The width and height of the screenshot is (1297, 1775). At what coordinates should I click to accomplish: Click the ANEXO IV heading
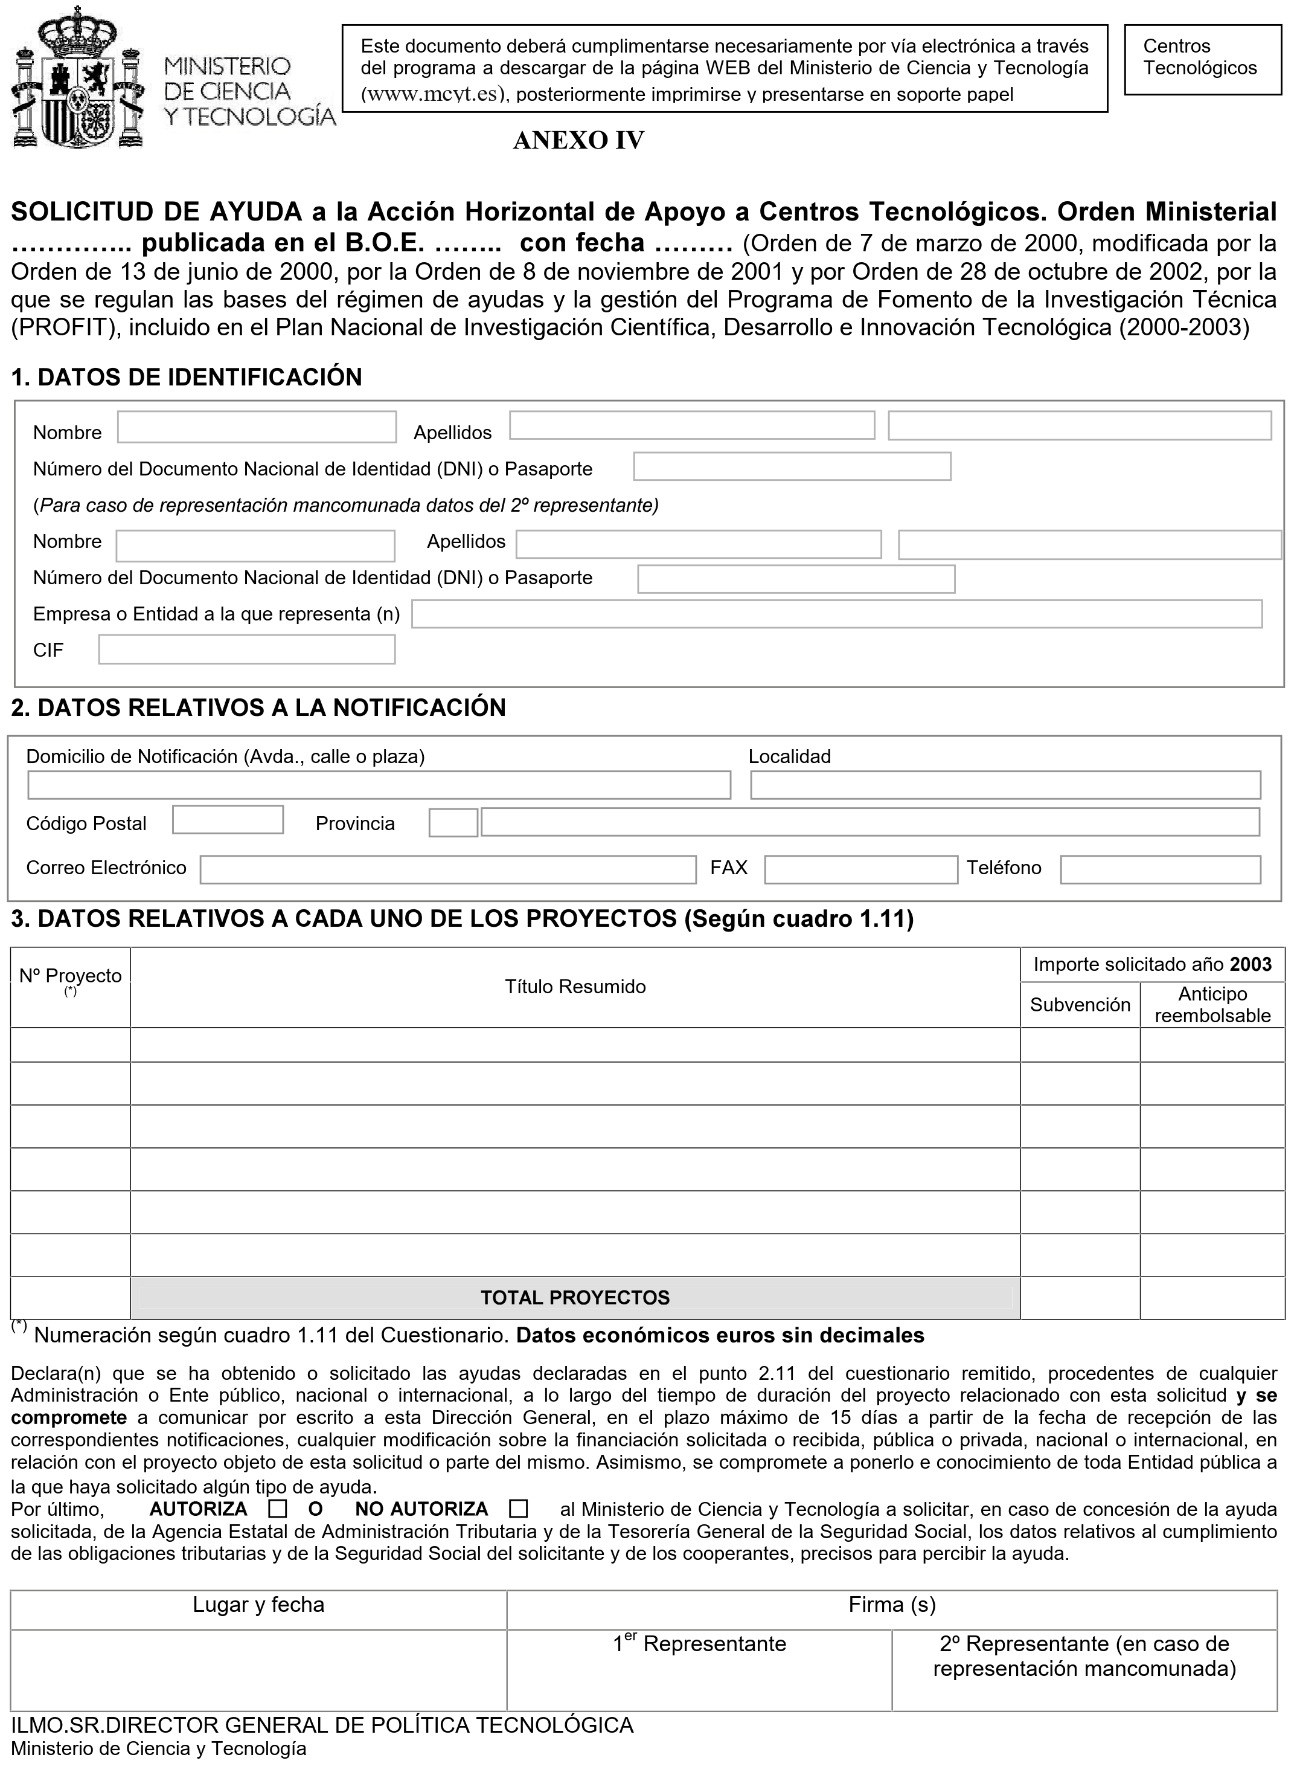[578, 141]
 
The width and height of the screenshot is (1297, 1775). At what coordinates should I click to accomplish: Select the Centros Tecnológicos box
[1202, 60]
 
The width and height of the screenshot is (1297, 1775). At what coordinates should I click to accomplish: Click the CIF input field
[246, 649]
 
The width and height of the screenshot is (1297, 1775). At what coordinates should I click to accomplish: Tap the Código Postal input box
[228, 820]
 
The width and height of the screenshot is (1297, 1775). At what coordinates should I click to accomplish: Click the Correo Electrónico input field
[447, 869]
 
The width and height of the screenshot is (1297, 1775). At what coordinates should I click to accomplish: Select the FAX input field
[860, 869]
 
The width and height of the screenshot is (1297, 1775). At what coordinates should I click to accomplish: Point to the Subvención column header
[1080, 1005]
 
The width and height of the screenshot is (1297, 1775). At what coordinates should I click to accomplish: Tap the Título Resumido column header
[575, 987]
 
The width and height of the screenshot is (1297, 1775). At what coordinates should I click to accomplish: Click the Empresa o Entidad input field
[836, 614]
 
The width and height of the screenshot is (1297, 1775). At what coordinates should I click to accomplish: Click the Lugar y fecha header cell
[258, 1605]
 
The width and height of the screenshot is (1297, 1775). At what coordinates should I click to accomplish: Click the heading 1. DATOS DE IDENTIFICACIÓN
[187, 378]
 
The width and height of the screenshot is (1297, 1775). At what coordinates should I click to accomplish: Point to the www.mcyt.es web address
[429, 95]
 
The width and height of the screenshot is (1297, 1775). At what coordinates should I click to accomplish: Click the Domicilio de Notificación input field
[379, 785]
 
